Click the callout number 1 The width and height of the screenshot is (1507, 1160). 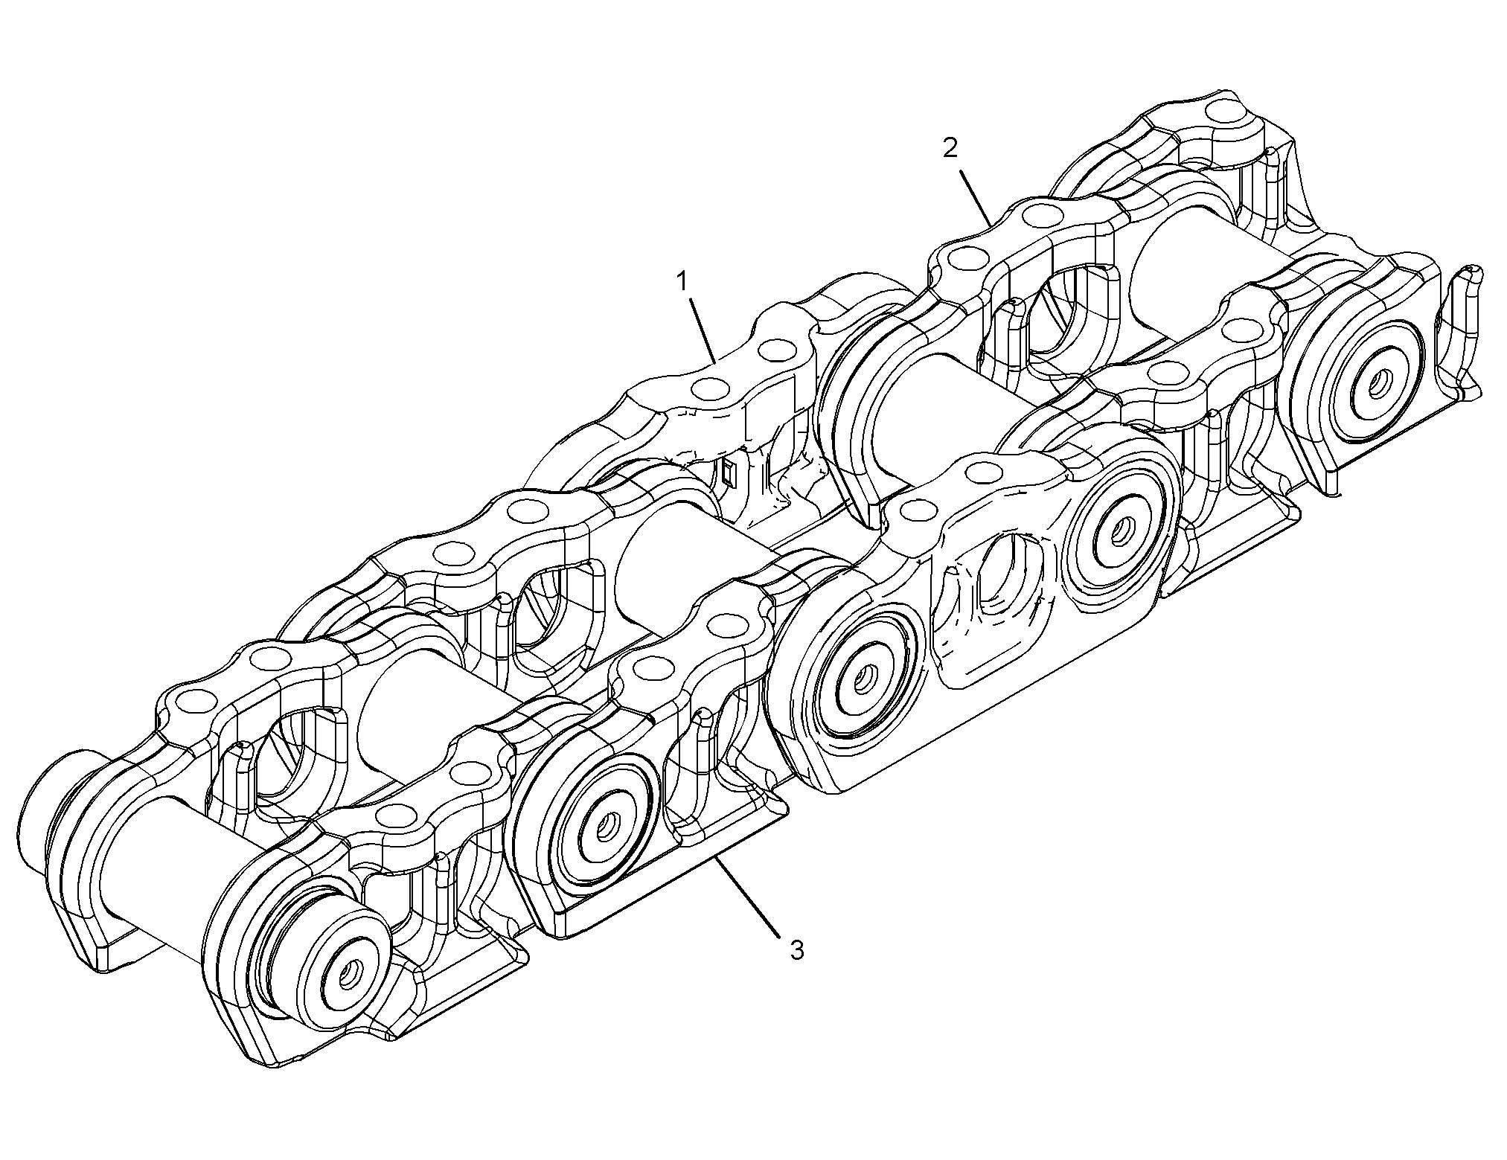coord(680,282)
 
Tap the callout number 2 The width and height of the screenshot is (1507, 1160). coord(950,148)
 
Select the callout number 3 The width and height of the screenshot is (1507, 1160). coord(797,950)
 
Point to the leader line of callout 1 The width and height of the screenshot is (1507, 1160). coord(703,330)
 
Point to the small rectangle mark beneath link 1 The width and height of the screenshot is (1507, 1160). coord(729,472)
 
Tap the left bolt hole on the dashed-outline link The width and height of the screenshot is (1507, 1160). coord(918,510)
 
